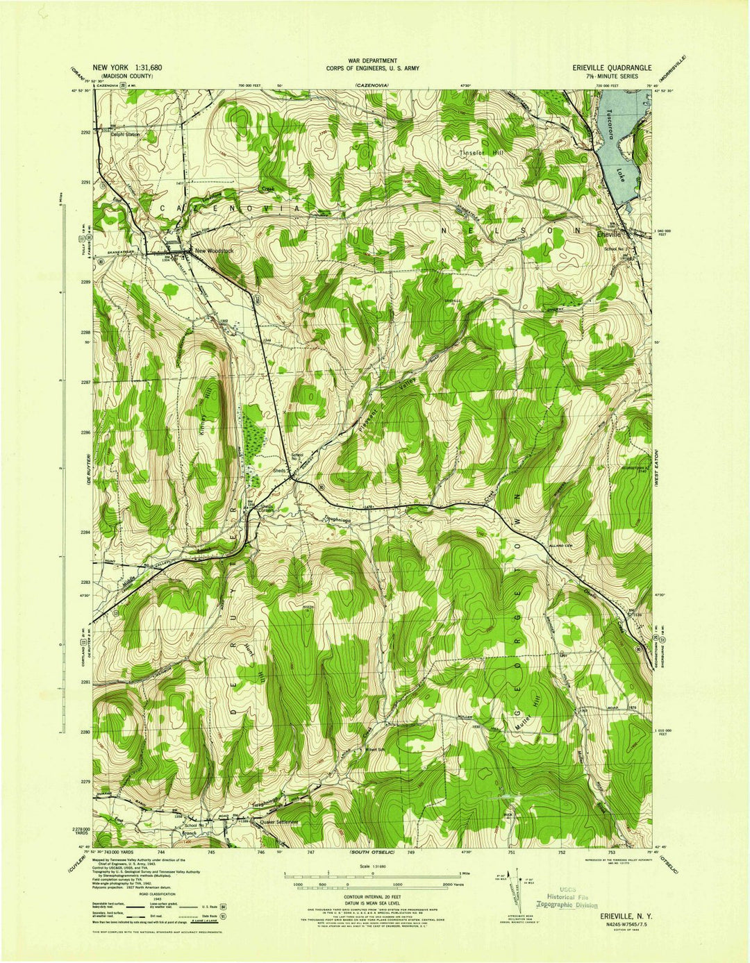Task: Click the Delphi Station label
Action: [x=125, y=135]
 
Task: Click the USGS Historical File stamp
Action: [x=565, y=898]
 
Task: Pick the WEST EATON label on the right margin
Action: [x=662, y=471]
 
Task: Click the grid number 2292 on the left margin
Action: [x=86, y=132]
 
